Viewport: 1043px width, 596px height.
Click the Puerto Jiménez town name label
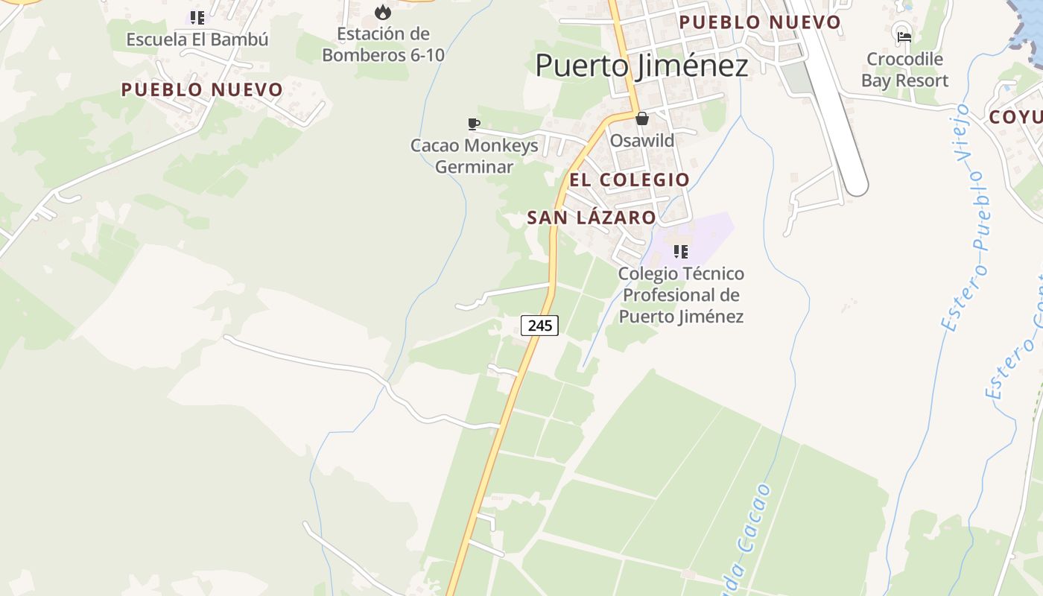coord(641,66)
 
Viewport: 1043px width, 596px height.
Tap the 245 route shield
coord(539,325)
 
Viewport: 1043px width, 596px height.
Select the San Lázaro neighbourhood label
coord(592,218)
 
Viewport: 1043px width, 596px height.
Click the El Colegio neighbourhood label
coord(630,180)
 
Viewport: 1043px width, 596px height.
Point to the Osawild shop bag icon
coord(641,118)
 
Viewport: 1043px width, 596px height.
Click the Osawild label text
coord(642,141)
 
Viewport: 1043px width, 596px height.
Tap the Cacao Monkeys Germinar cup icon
coord(473,124)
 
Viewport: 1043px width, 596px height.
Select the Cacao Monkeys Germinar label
coord(474,156)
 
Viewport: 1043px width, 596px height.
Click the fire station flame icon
coord(383,12)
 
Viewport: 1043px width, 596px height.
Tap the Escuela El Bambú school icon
coord(197,18)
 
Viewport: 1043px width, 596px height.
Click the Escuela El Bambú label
coord(197,39)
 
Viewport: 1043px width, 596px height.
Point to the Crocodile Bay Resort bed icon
coord(904,37)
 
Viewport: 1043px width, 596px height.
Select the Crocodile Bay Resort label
coord(904,69)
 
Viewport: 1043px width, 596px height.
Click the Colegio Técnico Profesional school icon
coord(680,252)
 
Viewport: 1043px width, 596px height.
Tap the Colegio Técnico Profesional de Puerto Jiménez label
coord(681,295)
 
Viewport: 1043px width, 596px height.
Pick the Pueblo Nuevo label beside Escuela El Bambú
coord(202,90)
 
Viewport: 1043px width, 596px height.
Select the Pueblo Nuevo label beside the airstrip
coord(759,22)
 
